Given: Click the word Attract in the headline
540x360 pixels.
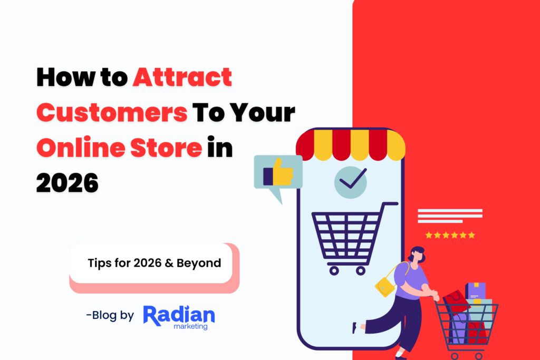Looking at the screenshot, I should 182,78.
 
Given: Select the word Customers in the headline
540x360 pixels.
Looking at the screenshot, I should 112,113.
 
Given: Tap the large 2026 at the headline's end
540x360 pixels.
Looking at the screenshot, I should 67,183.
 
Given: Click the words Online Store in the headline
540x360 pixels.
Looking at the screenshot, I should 119,148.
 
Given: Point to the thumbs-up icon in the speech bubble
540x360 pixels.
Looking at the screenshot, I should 278,172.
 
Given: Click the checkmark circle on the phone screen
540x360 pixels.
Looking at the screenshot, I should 350,182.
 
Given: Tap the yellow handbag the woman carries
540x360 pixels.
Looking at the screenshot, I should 384,286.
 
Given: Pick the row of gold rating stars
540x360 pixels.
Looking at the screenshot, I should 450,235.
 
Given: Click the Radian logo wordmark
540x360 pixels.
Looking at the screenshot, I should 179,315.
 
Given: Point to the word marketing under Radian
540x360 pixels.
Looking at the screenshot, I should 190,327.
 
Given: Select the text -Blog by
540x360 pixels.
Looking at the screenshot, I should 110,315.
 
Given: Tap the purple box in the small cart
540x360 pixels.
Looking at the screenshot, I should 475,290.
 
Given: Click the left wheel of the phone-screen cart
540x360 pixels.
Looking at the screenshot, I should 333,270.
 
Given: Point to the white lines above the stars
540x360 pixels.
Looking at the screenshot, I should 450,216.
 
